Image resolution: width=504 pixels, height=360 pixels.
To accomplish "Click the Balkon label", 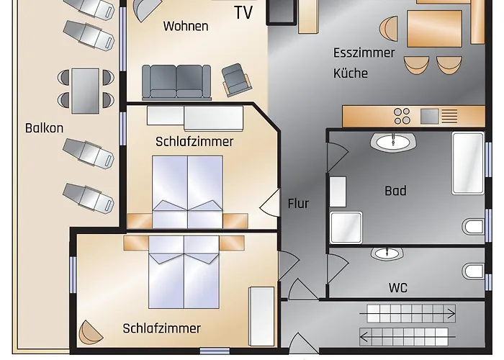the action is tap(45, 128).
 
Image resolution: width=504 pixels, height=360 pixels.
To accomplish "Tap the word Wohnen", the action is tap(186, 26).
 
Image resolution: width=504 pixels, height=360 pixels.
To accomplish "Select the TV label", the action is tap(243, 12).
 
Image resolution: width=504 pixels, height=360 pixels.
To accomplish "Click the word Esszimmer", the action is tap(364, 53).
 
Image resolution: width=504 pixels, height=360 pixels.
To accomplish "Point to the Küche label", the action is tap(351, 73).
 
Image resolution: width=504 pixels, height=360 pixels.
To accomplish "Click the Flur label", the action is tap(298, 204).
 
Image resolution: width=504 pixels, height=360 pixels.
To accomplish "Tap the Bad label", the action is tap(395, 191).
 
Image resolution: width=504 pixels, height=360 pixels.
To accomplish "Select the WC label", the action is tap(398, 288).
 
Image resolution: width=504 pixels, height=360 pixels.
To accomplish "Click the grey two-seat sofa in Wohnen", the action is tap(176, 82).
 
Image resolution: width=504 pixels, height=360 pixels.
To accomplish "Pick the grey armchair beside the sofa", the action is tap(237, 79).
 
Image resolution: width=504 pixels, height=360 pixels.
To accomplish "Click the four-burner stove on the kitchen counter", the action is tap(402, 116).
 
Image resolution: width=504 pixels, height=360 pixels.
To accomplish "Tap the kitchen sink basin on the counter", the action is tap(429, 116).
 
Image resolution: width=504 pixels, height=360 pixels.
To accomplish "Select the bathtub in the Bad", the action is tap(468, 163).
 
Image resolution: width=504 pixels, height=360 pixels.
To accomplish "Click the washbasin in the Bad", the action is tap(393, 141).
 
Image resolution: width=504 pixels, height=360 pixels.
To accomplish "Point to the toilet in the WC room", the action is tap(474, 271).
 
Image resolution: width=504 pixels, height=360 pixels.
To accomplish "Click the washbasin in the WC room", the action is tap(387, 253).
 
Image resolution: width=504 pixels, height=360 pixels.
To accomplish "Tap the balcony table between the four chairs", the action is tap(85, 91).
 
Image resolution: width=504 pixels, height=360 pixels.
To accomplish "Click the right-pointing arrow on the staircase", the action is tap(408, 313).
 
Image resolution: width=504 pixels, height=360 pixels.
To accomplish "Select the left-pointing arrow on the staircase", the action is tap(408, 337).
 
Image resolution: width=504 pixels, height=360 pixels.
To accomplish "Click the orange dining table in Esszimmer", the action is tap(435, 29).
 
